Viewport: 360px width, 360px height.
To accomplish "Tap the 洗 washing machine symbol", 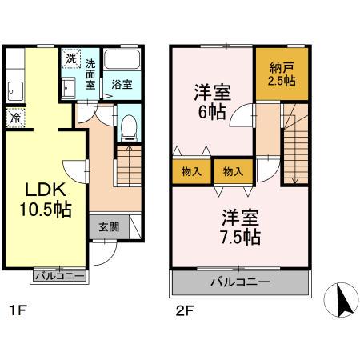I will click(70, 58).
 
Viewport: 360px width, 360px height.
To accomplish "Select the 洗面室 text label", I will click(91, 74).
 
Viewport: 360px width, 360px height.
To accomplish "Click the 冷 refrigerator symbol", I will click(16, 118).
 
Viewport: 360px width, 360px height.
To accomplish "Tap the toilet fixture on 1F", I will click(128, 126).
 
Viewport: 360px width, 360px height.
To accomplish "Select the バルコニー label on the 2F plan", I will click(240, 282).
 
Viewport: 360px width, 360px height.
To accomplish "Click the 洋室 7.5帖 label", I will click(240, 226).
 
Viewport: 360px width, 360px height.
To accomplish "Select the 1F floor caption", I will click(14, 308).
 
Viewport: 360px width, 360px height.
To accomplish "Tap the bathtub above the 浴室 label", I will click(122, 62).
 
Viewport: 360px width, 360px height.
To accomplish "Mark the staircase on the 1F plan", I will click(129, 169).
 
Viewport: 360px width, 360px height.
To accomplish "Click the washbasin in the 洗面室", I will click(70, 86).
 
